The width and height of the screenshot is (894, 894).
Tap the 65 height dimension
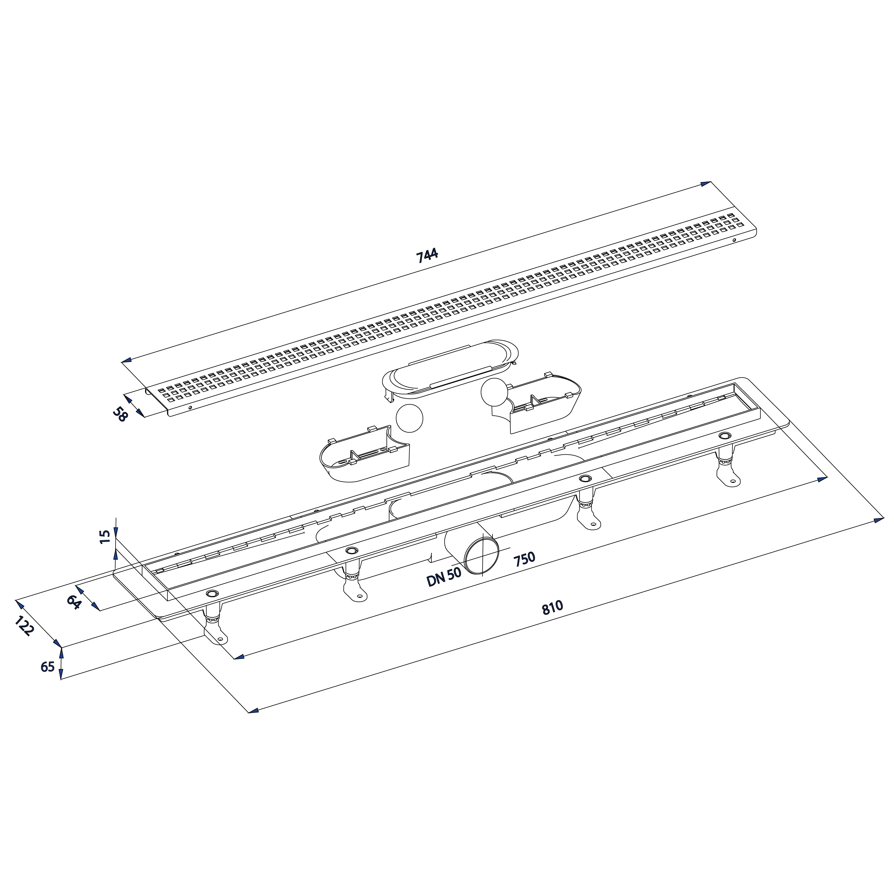(48, 667)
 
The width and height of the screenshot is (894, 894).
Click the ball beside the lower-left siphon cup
(410, 418)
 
